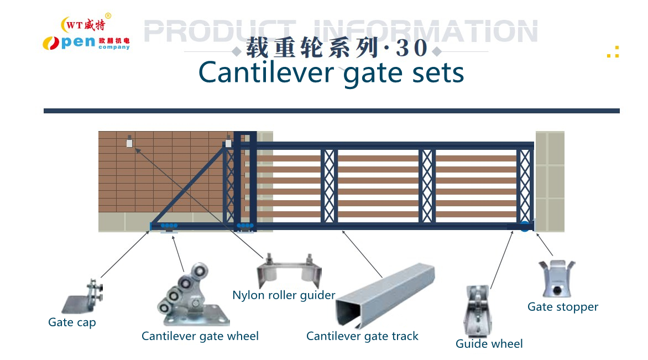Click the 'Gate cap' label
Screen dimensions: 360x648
72,322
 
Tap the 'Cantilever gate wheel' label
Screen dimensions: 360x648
200,336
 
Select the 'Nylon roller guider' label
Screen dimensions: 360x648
284,295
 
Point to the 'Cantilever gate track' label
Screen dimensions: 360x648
362,336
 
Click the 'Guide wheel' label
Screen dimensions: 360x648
489,343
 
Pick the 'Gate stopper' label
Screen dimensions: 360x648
562,307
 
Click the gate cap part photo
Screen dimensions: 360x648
82,299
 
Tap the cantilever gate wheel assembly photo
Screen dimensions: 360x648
191,296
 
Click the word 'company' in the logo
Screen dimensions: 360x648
114,48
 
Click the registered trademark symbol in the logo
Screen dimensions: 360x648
108,15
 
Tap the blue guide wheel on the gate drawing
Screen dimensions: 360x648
524,226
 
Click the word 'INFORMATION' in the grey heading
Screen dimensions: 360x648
425,32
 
